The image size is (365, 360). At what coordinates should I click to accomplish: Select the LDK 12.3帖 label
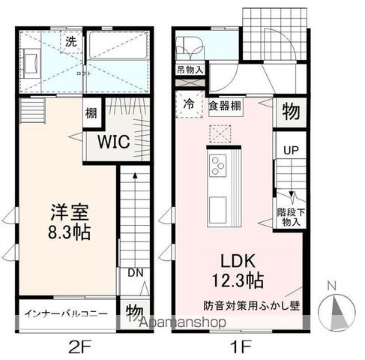(x=238, y=271)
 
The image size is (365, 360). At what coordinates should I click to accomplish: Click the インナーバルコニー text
(x=66, y=313)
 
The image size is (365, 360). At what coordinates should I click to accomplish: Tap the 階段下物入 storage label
(x=289, y=217)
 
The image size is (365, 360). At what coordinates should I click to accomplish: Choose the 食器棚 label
(x=225, y=106)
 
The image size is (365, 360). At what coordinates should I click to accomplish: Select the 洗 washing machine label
(x=70, y=42)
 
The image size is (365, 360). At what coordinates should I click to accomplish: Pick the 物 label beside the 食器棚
(x=290, y=112)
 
